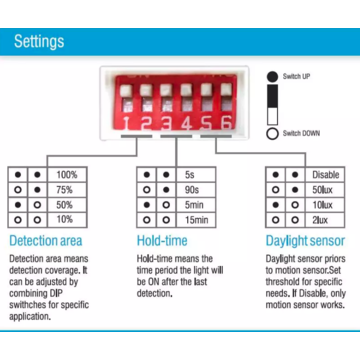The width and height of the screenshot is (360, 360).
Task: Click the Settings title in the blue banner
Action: pos(39,42)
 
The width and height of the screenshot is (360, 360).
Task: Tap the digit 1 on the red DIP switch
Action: pos(126,124)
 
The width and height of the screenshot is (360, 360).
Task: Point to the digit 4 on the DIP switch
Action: pos(186,124)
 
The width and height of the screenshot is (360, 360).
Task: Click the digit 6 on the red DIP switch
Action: pos(226,124)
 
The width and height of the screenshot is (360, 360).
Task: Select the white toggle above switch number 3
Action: pos(166,90)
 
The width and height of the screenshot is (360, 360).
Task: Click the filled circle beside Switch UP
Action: pos(272,76)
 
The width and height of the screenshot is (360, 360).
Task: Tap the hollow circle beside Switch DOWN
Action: pos(272,134)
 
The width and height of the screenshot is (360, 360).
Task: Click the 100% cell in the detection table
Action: pos(67,174)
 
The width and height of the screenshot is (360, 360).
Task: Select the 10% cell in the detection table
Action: pos(67,220)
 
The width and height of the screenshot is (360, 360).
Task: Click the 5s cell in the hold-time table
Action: pos(196,174)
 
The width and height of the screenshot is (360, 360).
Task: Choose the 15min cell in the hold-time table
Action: pos(196,220)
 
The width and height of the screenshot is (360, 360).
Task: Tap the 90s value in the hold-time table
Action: pos(192,190)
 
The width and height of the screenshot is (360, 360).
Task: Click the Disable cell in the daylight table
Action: pos(325,174)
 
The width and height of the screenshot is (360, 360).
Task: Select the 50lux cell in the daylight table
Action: pos(325,190)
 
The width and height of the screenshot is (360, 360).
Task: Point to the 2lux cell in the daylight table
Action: pos(325,220)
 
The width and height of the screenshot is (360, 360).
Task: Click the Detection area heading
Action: pos(46,241)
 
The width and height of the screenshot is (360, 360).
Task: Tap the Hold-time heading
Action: pos(162,241)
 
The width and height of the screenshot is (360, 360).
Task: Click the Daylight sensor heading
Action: pos(305,241)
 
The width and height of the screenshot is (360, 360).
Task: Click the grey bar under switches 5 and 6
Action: pos(216,136)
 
